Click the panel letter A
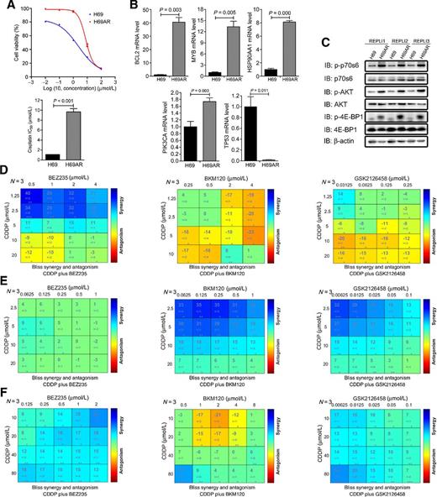[x=7, y=7]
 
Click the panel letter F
[x=7, y=388]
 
